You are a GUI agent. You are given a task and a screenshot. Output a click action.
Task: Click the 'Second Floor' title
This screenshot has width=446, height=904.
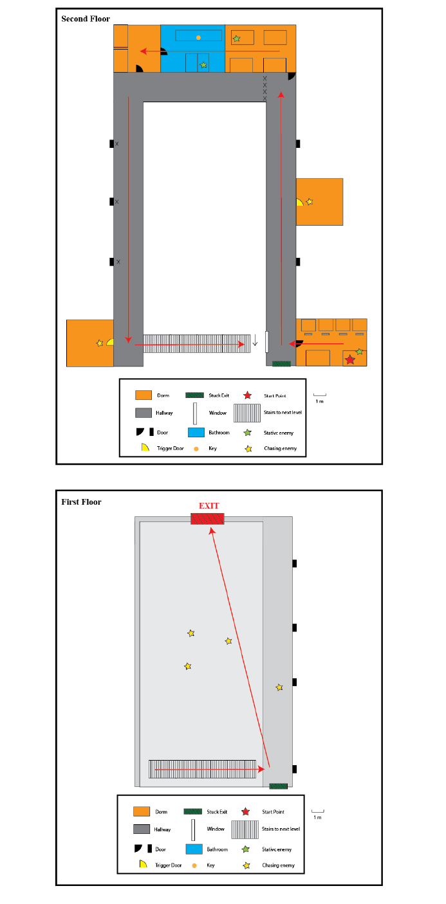pos(86,19)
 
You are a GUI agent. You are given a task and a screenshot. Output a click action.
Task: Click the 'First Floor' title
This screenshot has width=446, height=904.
pos(81,502)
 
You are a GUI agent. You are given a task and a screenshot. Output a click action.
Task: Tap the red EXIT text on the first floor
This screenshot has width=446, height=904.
pos(208,506)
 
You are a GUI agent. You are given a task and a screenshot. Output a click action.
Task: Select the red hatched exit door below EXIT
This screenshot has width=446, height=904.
pos(207,518)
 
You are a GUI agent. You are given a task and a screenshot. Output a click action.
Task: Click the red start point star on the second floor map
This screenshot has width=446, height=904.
pos(349,359)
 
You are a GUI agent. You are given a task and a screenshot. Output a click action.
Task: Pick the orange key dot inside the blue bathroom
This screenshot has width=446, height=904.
pos(198,37)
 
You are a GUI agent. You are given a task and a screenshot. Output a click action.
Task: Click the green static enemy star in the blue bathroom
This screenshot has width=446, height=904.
pos(203,65)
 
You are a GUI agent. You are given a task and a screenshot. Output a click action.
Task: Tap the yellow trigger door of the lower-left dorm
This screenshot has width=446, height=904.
pos(111,342)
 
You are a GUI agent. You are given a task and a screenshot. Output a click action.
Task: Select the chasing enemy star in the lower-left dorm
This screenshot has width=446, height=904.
pos(99,343)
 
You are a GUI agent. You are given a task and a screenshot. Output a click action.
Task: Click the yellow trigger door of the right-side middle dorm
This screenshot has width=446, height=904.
pos(299,203)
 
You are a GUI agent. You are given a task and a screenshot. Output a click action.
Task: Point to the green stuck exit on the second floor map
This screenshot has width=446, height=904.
pos(281,364)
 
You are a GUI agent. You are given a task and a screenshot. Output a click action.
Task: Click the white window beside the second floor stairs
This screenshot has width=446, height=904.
pos(266,342)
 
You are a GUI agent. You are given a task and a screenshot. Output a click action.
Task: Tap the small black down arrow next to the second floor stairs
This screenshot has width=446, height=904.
pos(255,339)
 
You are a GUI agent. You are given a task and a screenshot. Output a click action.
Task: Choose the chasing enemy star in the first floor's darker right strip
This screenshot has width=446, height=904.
pos(279,687)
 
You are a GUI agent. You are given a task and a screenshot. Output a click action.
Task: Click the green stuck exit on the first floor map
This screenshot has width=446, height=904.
pos(278,786)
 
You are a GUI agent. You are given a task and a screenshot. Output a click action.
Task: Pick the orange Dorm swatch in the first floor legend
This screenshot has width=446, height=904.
pos(142,811)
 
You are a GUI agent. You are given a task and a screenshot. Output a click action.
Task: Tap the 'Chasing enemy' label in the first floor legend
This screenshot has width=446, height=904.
pos(279,865)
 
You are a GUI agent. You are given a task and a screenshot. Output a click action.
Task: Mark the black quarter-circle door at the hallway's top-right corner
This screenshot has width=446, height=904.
pos(292,76)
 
